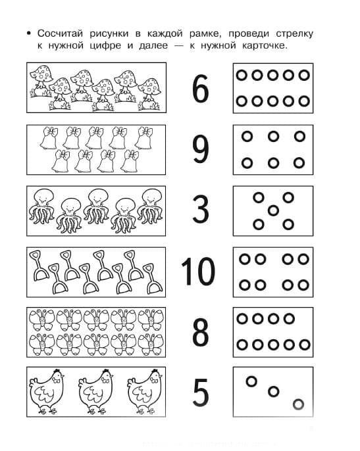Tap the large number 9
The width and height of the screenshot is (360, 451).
pyautogui.click(x=200, y=150)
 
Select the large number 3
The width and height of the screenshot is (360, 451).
pyautogui.click(x=201, y=209)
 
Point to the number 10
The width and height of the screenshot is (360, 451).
pyautogui.click(x=198, y=272)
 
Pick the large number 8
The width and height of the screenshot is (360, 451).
pyautogui.click(x=201, y=332)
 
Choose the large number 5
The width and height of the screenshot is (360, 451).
pyautogui.click(x=201, y=392)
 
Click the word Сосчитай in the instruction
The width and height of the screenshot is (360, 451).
pyautogui.click(x=60, y=34)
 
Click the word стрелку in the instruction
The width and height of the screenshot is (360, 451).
pyautogui.click(x=294, y=34)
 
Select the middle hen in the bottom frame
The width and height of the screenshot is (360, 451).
pyautogui.click(x=95, y=392)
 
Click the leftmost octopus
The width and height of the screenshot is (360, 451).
pyautogui.click(x=41, y=206)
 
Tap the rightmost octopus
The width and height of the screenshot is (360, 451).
pyautogui.click(x=150, y=206)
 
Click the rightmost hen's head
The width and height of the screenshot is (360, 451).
pyautogui.click(x=155, y=375)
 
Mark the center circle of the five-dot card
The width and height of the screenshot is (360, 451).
pyautogui.click(x=273, y=211)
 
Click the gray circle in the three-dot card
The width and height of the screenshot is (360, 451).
pyautogui.click(x=298, y=404)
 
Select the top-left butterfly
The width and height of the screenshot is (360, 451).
pyautogui.click(x=42, y=320)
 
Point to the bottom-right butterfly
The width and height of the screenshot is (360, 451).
pyautogui.click(x=151, y=344)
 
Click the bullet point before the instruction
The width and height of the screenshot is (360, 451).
pyautogui.click(x=28, y=34)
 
